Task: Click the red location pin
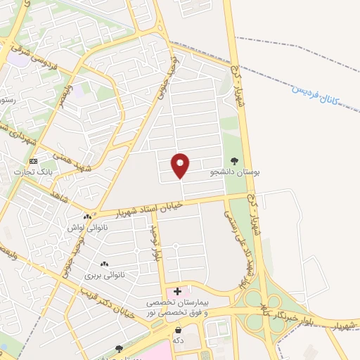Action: (x=181, y=165)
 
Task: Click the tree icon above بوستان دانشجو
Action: (x=234, y=160)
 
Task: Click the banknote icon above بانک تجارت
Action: (x=33, y=161)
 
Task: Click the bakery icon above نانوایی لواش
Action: (x=87, y=217)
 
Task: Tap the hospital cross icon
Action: (x=177, y=290)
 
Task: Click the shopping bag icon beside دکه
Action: (x=178, y=330)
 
